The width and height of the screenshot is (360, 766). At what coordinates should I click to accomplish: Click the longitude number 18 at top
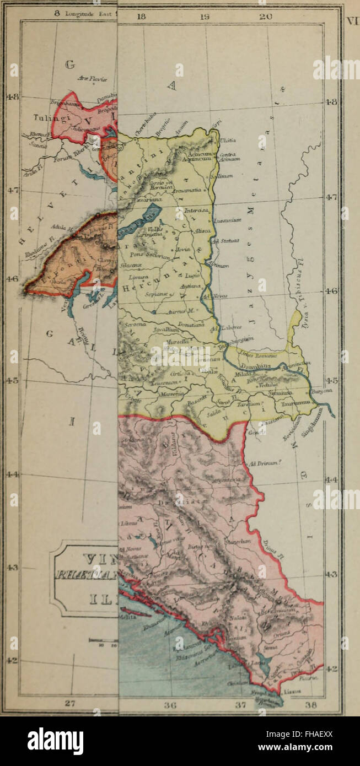141,17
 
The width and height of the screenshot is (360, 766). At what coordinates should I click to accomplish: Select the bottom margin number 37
241,704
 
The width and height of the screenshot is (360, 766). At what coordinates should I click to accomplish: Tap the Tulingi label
33,117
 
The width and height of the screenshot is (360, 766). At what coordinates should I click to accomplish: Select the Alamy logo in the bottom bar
55,741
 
